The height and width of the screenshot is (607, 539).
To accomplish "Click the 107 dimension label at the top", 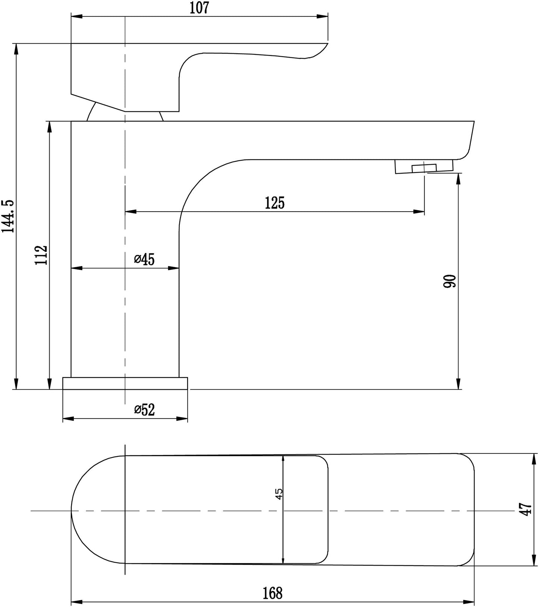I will pos(199,8).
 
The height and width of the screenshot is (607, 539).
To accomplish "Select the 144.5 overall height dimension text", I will pos(8,216).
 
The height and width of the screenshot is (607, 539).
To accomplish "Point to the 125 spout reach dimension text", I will pos(275,203).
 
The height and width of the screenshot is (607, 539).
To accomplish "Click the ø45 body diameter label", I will pos(144,259).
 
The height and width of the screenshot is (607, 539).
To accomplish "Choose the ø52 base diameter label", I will pos(144,410).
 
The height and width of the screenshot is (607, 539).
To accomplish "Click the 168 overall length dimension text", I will pos(273,593).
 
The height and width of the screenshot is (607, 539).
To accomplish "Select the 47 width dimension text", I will pos(526,509).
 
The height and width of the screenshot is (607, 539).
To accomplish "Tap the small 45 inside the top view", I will pos(279,494).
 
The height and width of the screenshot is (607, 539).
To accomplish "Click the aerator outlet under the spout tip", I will pos(424,167).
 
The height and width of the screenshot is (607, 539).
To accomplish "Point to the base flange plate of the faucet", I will pos(125,383).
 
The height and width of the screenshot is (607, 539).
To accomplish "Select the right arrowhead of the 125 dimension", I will pos(420,212).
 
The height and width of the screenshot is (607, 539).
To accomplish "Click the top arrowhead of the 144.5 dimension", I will pos(16,49).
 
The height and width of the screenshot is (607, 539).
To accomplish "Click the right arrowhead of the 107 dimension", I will pos(323,16).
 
